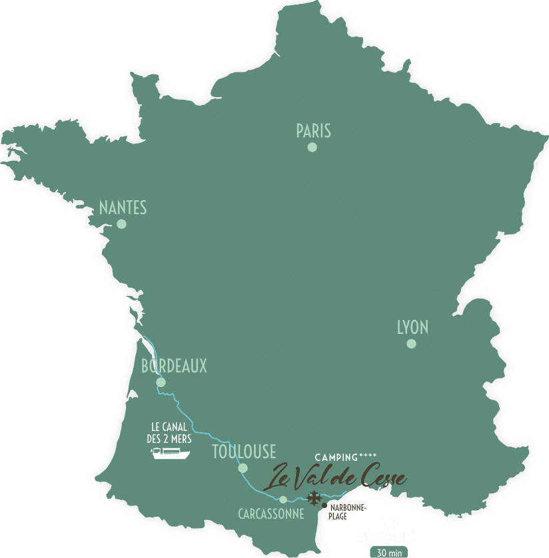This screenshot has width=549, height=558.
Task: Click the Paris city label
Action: tap(313, 131)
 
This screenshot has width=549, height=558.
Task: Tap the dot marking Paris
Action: tap(312, 147)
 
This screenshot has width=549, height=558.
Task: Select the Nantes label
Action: tap(123, 208)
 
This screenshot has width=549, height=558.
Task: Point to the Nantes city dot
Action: tap(121, 224)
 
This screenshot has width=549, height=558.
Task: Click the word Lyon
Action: tap(412, 327)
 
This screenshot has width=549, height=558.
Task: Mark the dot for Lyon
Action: tap(411, 344)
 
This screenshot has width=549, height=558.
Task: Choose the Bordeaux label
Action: tap(174, 366)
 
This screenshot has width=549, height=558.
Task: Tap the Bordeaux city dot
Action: tap(161, 382)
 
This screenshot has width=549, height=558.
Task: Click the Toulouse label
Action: tap(244, 452)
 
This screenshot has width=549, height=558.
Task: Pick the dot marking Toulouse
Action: tap(243, 468)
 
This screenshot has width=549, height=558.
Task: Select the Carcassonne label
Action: tap(271, 514)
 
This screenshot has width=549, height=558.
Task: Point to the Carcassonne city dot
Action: tap(283, 499)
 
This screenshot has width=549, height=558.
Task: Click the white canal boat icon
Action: tap(171, 454)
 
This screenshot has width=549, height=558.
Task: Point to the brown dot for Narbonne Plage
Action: tap(324, 506)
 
